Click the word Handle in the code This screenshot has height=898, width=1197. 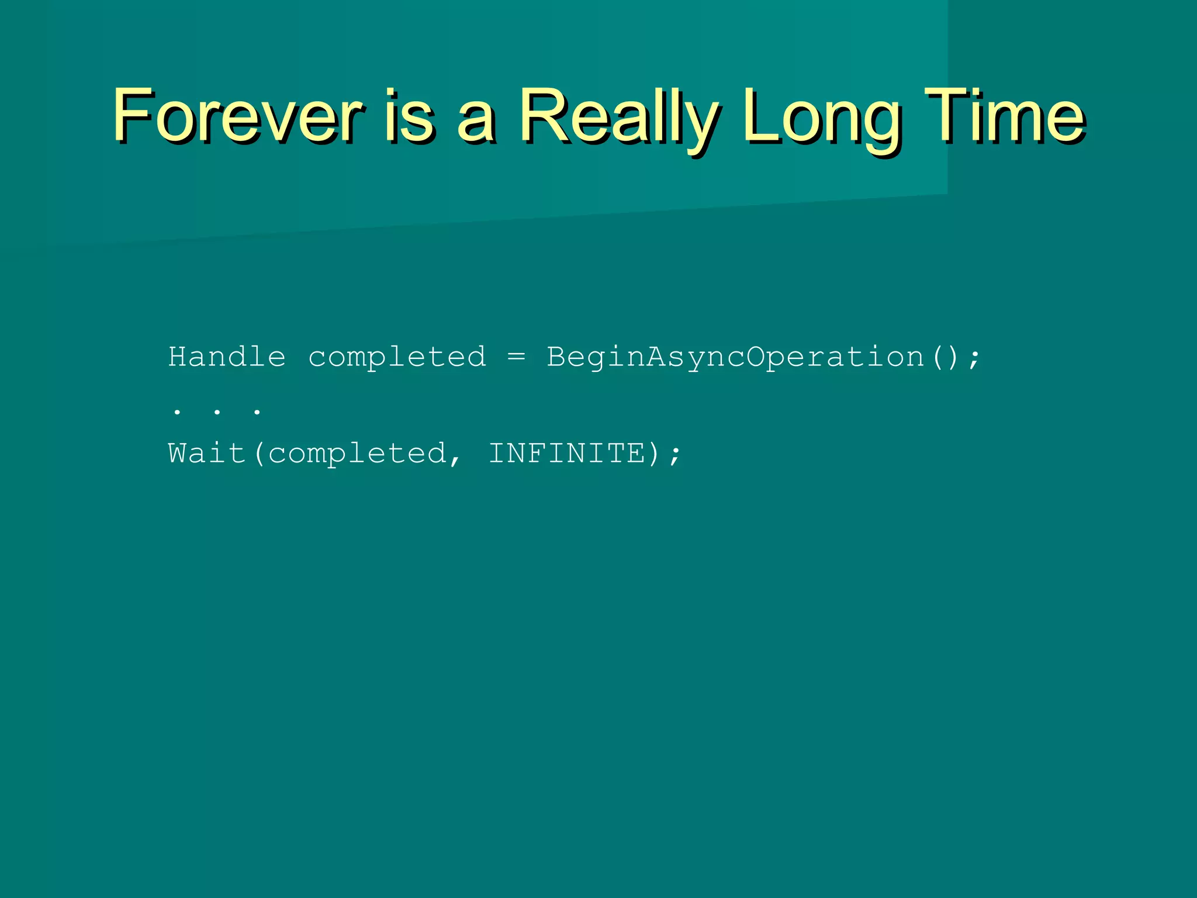[x=227, y=357]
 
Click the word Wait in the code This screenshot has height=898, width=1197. [x=206, y=453]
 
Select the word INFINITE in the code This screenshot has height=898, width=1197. [x=566, y=453]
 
